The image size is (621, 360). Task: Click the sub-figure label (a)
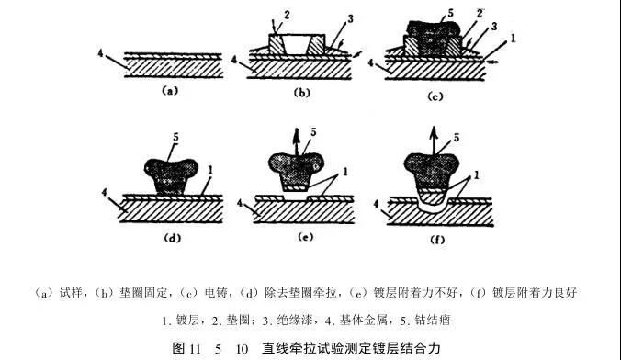pyautogui.click(x=170, y=91)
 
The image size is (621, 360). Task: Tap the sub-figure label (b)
pyautogui.click(x=302, y=93)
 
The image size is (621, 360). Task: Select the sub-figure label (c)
pyautogui.click(x=435, y=96)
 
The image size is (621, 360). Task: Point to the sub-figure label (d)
pyautogui.click(x=173, y=238)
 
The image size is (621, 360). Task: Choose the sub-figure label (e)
pyautogui.click(x=305, y=237)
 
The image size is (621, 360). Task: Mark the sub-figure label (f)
pyautogui.click(x=437, y=240)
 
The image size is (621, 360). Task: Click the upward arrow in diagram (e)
pyautogui.click(x=296, y=141)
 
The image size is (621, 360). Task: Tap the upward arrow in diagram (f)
pyautogui.click(x=435, y=141)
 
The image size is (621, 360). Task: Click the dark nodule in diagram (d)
pyautogui.click(x=171, y=175)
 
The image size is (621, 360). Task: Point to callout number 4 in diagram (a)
pyautogui.click(x=101, y=53)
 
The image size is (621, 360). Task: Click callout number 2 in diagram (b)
pyautogui.click(x=287, y=16)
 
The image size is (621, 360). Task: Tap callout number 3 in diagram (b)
pyautogui.click(x=351, y=18)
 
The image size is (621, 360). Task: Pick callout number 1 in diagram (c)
pyautogui.click(x=514, y=39)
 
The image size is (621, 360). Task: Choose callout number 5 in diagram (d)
pyautogui.click(x=175, y=138)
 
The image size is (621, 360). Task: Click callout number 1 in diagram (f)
pyautogui.click(x=477, y=174)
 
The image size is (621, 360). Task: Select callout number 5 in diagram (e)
pyautogui.click(x=313, y=132)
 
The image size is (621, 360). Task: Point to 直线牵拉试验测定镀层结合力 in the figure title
pyautogui.click(x=351, y=348)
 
